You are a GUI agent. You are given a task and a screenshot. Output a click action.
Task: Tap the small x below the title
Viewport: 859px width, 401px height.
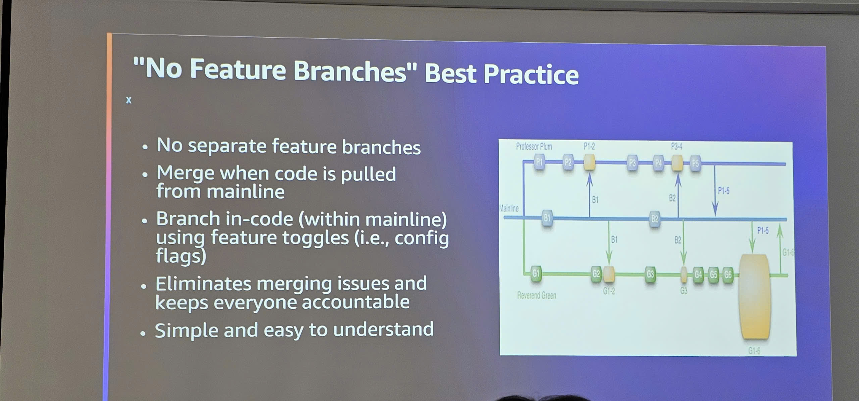tap(129, 100)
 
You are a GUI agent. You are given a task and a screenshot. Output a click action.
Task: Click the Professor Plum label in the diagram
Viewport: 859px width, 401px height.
tap(534, 147)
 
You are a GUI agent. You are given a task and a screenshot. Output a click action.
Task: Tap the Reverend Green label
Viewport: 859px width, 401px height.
tap(537, 295)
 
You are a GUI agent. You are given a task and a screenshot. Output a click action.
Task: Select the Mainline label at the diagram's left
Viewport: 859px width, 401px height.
tap(509, 208)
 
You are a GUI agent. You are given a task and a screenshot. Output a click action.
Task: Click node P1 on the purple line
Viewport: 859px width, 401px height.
tap(539, 162)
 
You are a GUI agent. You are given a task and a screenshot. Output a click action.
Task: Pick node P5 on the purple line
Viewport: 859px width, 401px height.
tap(695, 164)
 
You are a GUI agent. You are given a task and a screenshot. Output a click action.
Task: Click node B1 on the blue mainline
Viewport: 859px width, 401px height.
tap(547, 218)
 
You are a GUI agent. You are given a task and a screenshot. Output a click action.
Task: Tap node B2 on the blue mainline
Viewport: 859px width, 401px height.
tap(655, 219)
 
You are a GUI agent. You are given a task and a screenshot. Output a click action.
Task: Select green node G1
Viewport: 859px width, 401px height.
tap(536, 273)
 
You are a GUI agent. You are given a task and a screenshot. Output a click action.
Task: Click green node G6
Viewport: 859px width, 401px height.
tap(727, 275)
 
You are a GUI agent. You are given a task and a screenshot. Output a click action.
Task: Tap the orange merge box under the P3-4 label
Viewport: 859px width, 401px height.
tap(677, 163)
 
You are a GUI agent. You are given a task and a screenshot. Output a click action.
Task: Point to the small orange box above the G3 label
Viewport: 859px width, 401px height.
tap(684, 274)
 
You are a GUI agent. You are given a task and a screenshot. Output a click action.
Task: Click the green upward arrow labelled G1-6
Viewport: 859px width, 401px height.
tap(780, 248)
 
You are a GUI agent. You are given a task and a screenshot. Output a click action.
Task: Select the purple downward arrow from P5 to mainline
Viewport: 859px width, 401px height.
tap(715, 191)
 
